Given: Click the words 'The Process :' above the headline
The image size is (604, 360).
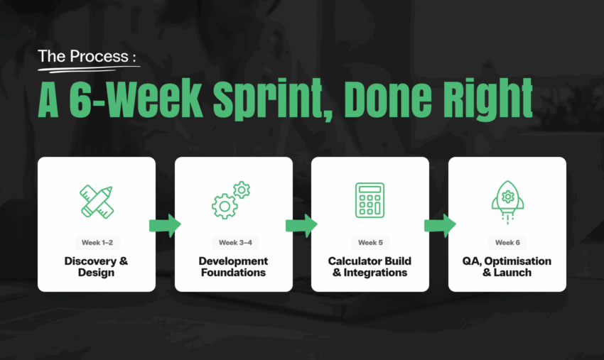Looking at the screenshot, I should tap(86, 56).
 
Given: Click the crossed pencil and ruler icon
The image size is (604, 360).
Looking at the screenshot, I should tap(97, 200).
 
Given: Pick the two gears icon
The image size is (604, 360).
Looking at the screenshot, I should tap(232, 200).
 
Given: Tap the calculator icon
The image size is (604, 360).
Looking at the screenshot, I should tap(370, 200).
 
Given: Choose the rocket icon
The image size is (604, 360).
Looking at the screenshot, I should tap(507, 200).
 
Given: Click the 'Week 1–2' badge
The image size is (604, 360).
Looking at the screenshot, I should tap(96, 243).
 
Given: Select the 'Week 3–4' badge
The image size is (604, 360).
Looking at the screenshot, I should tap(233, 243).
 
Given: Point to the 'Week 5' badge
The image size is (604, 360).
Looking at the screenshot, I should tap(370, 243).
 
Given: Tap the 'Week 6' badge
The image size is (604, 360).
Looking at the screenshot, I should tap(507, 243).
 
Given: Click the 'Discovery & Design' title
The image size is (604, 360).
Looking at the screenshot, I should tap(96, 267).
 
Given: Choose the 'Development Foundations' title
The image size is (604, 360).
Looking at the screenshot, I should tap(233, 267).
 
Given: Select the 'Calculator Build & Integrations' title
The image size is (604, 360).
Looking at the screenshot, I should tap(370, 267).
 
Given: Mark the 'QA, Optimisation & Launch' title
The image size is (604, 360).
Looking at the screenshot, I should tap(507, 267).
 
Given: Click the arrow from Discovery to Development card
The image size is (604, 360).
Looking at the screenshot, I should tap(165, 225).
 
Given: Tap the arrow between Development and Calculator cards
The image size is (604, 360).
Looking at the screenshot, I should tap(301, 225).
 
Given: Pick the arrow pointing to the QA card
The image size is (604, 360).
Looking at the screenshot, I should tap(439, 225).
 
